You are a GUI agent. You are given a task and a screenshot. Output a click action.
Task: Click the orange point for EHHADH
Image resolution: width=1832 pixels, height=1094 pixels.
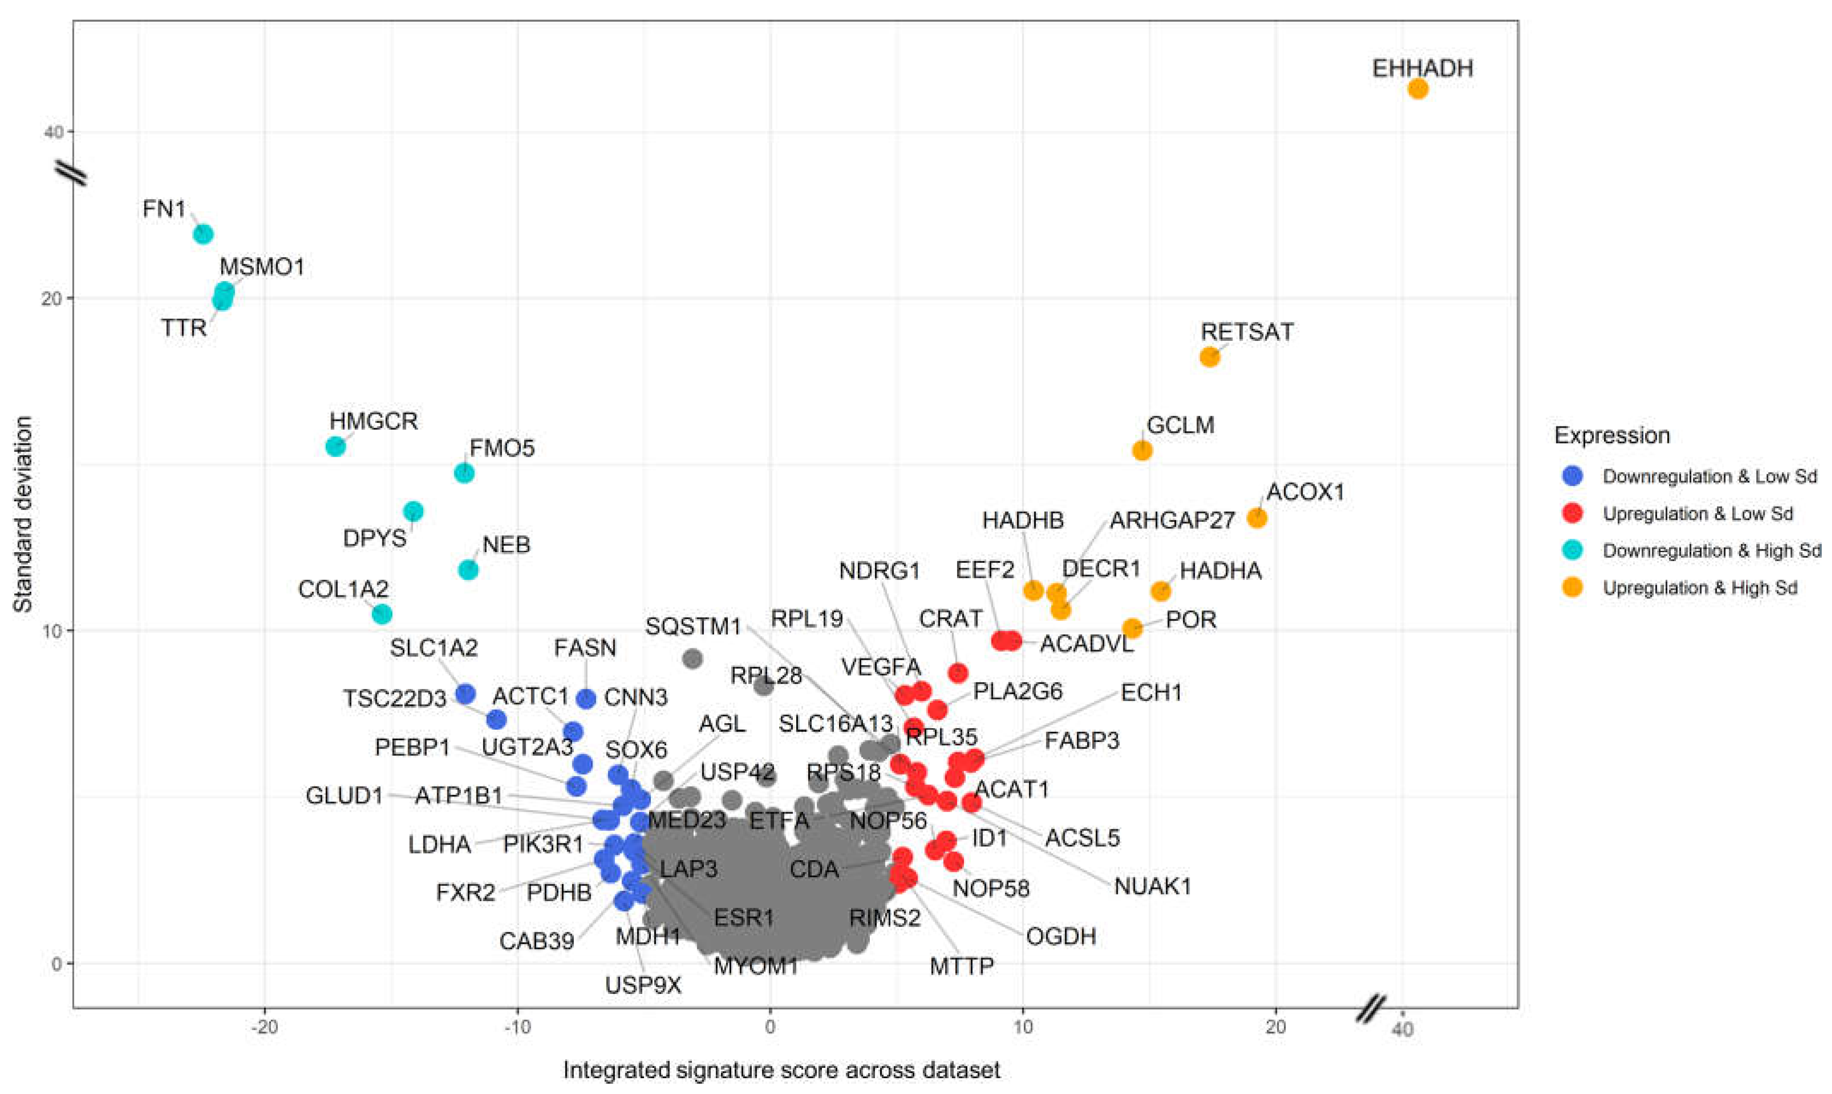(1417, 89)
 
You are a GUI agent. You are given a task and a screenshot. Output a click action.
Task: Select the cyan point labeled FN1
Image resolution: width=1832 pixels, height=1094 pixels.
(203, 234)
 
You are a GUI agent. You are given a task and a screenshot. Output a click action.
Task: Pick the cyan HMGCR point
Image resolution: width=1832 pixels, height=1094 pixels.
(335, 446)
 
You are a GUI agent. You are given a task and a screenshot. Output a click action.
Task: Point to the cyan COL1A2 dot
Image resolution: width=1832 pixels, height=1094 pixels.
(382, 614)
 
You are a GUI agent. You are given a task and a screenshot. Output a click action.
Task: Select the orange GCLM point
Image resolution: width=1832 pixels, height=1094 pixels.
(1141, 450)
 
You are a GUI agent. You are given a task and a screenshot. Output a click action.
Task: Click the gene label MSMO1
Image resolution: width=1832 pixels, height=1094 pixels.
(262, 267)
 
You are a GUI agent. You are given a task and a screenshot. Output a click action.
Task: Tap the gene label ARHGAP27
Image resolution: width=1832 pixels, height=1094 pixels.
(1172, 520)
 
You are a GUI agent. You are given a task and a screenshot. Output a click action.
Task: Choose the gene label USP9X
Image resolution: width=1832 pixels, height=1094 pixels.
(643, 985)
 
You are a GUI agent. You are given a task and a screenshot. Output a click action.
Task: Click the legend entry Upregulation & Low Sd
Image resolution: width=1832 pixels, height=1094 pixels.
(1697, 514)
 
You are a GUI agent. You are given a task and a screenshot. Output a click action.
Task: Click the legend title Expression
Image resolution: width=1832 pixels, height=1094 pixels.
(1612, 436)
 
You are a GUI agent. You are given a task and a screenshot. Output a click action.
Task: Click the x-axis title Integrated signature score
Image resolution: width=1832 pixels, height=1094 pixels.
(781, 1070)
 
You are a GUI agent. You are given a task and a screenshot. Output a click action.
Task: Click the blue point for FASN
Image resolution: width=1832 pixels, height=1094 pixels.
(586, 698)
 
